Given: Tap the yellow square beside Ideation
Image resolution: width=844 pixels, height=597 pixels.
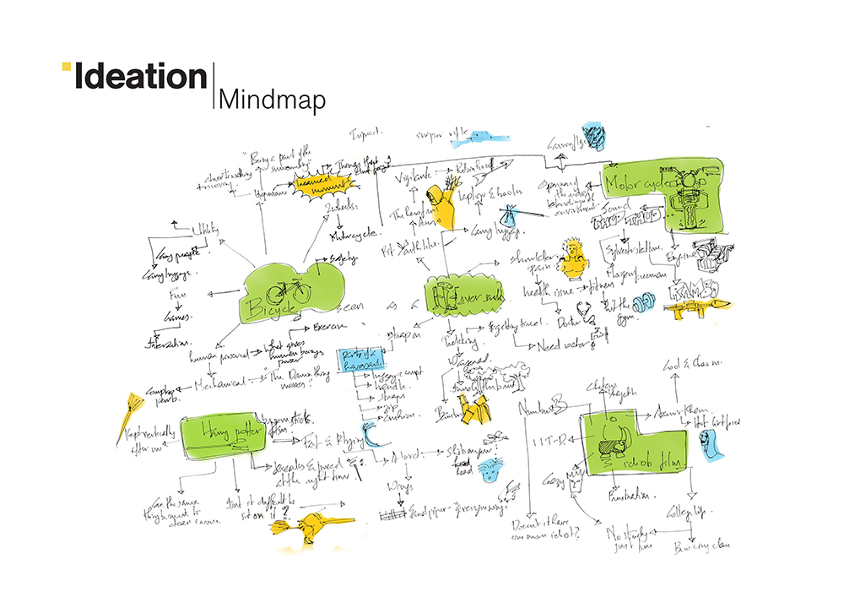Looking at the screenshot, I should pos(66,68).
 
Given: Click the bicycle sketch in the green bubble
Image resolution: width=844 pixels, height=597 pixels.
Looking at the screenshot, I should pos(287,290).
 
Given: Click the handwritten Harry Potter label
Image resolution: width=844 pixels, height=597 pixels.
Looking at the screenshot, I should pos(221,431).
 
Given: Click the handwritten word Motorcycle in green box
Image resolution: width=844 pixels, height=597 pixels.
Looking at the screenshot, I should pos(635,180).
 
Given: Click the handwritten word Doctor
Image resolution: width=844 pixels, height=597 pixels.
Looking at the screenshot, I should pos(573,322).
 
